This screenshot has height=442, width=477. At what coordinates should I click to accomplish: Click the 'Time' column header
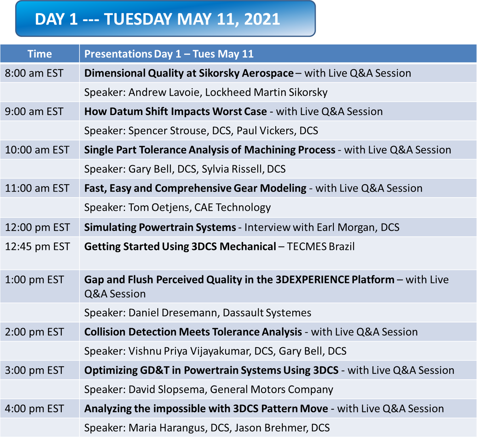pyautogui.click(x=39, y=54)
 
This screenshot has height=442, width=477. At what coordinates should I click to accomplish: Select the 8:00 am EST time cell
pyautogui.click(x=34, y=73)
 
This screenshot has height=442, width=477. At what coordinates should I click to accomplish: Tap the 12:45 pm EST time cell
pyautogui.click(x=37, y=246)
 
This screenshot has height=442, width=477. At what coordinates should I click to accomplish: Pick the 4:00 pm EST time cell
pyautogui.click(x=34, y=409)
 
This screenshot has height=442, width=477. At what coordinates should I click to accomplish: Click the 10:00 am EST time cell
pyautogui.click(x=37, y=150)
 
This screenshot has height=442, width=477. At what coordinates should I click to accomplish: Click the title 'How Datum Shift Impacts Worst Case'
pyautogui.click(x=175, y=112)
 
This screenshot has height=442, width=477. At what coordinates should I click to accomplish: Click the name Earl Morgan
pyautogui.click(x=346, y=227)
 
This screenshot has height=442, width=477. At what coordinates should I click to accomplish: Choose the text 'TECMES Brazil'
pyautogui.click(x=320, y=246)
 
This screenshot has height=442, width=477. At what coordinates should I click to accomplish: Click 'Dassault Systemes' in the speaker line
pyautogui.click(x=267, y=313)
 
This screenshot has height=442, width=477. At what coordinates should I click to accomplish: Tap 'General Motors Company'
pyautogui.click(x=271, y=390)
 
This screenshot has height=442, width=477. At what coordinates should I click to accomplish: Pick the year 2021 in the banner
pyautogui.click(x=262, y=19)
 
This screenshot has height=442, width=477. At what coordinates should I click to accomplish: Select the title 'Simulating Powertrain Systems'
pyautogui.click(x=160, y=227)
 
